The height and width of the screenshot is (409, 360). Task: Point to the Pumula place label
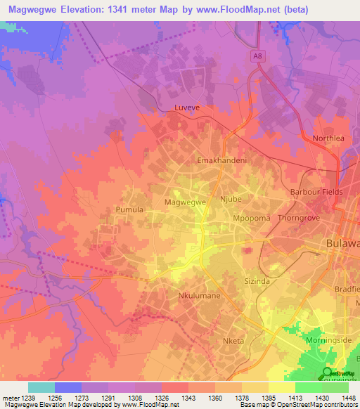pyautogui.click(x=129, y=209)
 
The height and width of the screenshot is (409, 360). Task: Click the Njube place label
pyautogui.click(x=231, y=199)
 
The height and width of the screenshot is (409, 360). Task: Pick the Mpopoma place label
pyautogui.click(x=252, y=219)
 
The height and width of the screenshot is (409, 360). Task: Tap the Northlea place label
pyautogui.click(x=328, y=138)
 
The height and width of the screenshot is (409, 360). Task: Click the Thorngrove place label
pyautogui.click(x=300, y=219)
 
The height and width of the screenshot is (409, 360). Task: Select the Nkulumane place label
pyautogui.click(x=200, y=296)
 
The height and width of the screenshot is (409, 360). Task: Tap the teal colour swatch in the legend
pyautogui.click(x=41, y=387)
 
